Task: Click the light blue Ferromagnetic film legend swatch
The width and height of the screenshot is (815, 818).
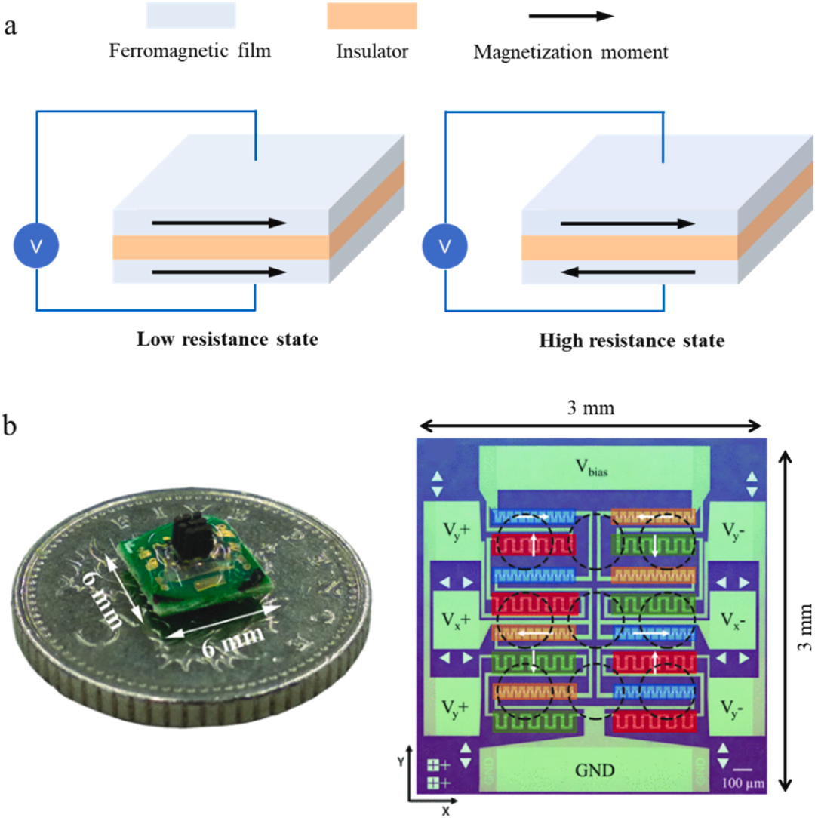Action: coord(191,15)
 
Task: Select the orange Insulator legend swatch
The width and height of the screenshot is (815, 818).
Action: coord(372,16)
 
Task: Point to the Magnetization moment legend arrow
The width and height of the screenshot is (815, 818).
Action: coord(571,16)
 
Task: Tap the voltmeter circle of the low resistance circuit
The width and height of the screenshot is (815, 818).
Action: coord(36,246)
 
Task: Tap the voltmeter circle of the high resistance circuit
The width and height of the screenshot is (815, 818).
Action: coord(444,246)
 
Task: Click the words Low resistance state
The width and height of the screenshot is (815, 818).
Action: coord(227,339)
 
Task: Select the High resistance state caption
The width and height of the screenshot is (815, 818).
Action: coord(632,340)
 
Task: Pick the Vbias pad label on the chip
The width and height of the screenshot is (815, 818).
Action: coord(592,467)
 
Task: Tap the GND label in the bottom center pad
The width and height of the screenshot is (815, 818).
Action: coord(595,770)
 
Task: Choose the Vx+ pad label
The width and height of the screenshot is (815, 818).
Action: coord(456,620)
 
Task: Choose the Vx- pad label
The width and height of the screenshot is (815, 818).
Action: coord(733,620)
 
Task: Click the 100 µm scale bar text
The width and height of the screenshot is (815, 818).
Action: coord(743,783)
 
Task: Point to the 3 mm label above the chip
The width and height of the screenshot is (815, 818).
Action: coord(591,407)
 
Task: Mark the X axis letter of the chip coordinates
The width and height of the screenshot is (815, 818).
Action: coord(445,811)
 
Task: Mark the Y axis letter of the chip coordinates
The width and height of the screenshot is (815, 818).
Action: coord(401,761)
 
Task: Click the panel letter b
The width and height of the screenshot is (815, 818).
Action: coord(9,426)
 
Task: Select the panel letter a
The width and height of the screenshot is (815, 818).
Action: coord(10,27)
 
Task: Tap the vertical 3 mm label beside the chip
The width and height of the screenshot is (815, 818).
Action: coord(805,627)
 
